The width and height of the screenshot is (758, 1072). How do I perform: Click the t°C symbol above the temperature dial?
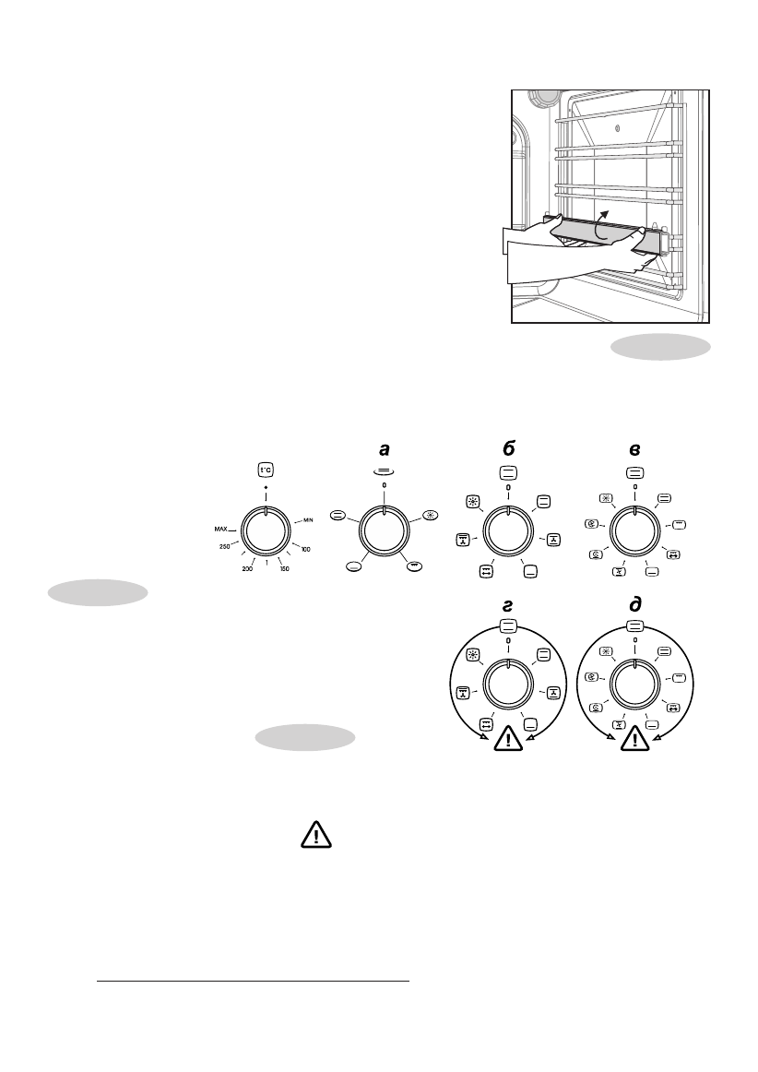tap(265, 469)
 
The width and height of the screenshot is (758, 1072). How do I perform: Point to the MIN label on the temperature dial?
tap(309, 521)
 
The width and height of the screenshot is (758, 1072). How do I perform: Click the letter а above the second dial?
tap(385, 448)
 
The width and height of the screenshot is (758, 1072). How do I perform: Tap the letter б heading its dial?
tap(508, 449)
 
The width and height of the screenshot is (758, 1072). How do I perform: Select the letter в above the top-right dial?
tap(634, 449)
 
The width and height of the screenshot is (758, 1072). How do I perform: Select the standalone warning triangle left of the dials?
tap(317, 836)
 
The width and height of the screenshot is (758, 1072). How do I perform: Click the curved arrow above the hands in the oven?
tap(600, 224)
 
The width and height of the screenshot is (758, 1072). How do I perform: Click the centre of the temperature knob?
tap(265, 533)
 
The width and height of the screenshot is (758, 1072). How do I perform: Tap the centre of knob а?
tap(385, 533)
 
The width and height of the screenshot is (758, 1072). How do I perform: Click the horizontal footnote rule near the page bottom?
tap(253, 982)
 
